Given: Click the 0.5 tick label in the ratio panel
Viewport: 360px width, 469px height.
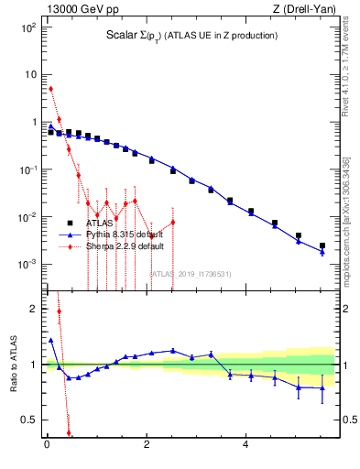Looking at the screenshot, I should pos(28,420).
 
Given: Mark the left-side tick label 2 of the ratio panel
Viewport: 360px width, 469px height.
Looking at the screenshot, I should pos(32,309).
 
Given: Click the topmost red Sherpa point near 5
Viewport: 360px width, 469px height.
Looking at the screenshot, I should pos(50,89).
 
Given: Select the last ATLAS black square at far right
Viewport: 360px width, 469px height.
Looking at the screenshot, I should pos(322,245).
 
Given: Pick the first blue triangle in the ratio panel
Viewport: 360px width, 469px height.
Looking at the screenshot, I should pos(50,340).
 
